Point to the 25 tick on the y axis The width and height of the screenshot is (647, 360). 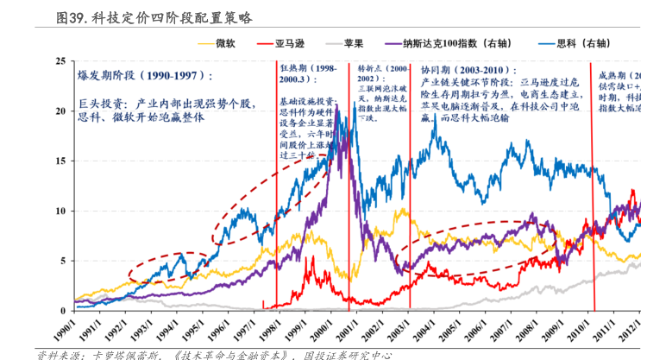coord(60,61)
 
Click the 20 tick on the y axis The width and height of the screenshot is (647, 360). coord(60,111)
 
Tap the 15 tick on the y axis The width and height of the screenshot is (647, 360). coord(60,161)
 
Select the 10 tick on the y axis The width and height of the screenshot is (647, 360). coord(60,212)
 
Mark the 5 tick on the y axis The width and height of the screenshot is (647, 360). coord(63,261)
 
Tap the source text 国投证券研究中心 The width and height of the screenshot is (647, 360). coord(345,354)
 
